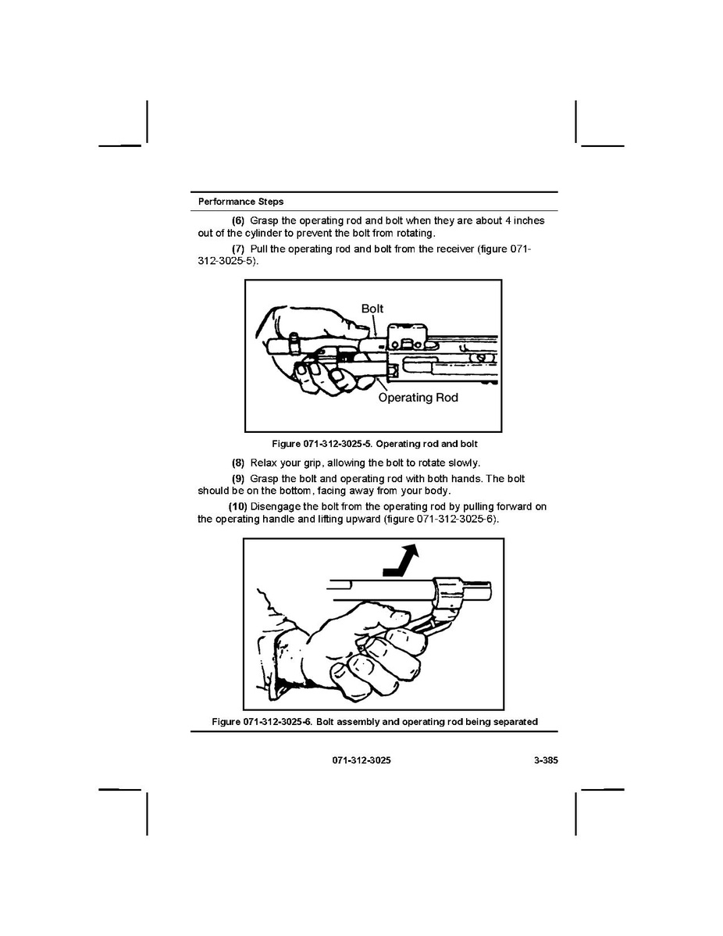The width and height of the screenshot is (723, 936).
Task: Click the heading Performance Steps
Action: pyautogui.click(x=240, y=202)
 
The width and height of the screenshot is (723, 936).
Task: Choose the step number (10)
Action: pyautogui.click(x=237, y=506)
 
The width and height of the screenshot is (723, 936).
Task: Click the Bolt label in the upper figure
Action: pyautogui.click(x=372, y=309)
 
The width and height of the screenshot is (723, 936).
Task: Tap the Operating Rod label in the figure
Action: pyautogui.click(x=418, y=398)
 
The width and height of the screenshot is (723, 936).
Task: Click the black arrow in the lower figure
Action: pyautogui.click(x=401, y=562)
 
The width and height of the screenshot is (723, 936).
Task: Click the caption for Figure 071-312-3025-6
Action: pyautogui.click(x=375, y=722)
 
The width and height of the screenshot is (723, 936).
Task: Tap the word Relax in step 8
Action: pyautogui.click(x=264, y=463)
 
